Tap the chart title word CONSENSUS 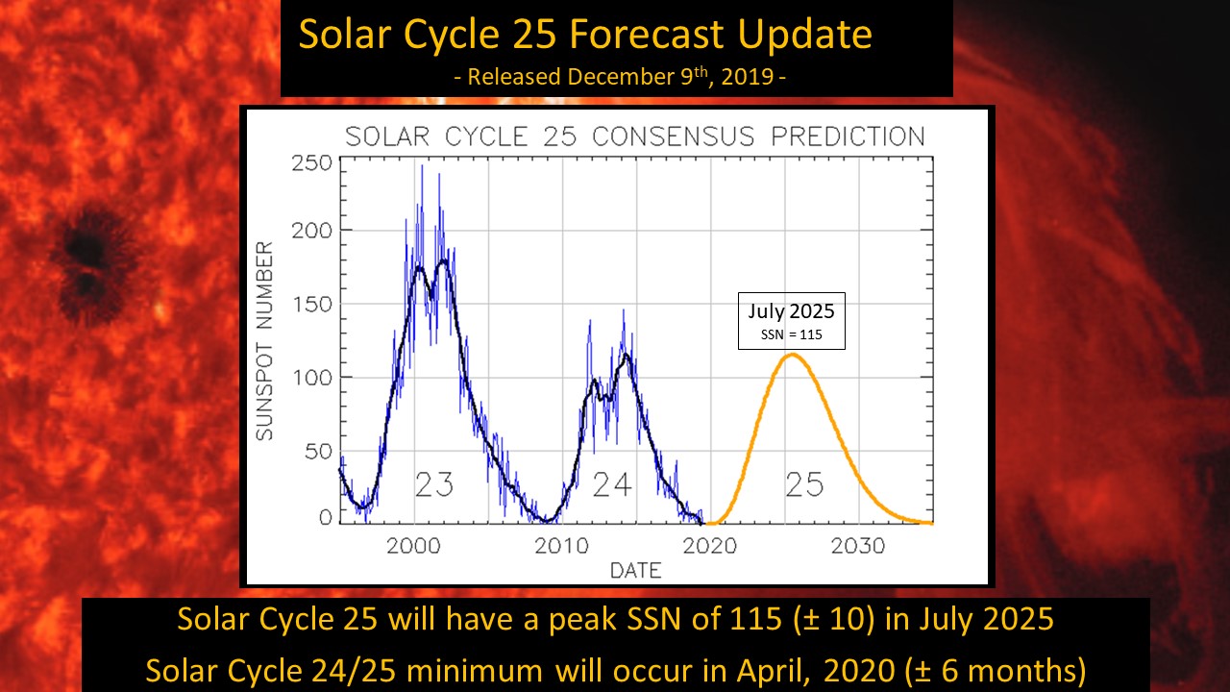tap(691, 136)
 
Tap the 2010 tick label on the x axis tap(561, 546)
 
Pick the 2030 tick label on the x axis tap(858, 546)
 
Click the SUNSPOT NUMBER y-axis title tap(264, 342)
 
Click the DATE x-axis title tap(635, 571)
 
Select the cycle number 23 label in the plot tap(434, 485)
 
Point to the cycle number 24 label tap(612, 485)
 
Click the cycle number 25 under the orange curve tap(804, 485)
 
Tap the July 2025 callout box tap(792, 321)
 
